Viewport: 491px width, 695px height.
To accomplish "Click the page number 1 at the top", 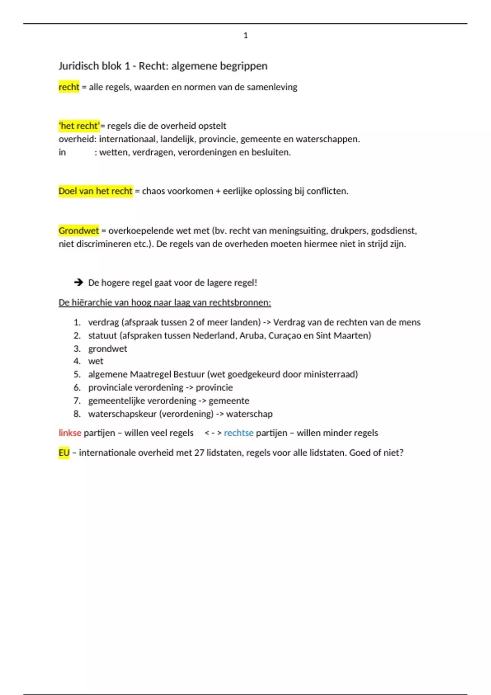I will pos(245,36).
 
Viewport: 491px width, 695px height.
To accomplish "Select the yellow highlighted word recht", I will pos(69,87).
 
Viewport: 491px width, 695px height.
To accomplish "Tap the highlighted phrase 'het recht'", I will pos(79,126).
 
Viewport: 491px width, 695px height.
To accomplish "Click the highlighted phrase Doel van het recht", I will pos(95,191).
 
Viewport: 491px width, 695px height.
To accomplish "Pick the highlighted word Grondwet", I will pos(79,231).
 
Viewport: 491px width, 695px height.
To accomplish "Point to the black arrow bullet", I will pos(78,282).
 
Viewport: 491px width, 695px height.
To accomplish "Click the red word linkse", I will pos(70,433).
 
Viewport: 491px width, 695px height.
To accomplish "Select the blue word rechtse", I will pos(239,433).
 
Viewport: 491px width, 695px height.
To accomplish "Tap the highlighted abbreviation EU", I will pos(64,453).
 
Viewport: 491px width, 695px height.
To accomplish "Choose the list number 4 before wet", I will pos(77,361).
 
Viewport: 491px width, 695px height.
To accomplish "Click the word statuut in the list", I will pos(102,335).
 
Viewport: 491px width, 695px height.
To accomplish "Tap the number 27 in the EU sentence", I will pos(199,453).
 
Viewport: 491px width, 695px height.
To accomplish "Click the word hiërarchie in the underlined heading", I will pos(92,303).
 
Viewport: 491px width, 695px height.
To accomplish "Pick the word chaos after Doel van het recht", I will pos(154,191).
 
